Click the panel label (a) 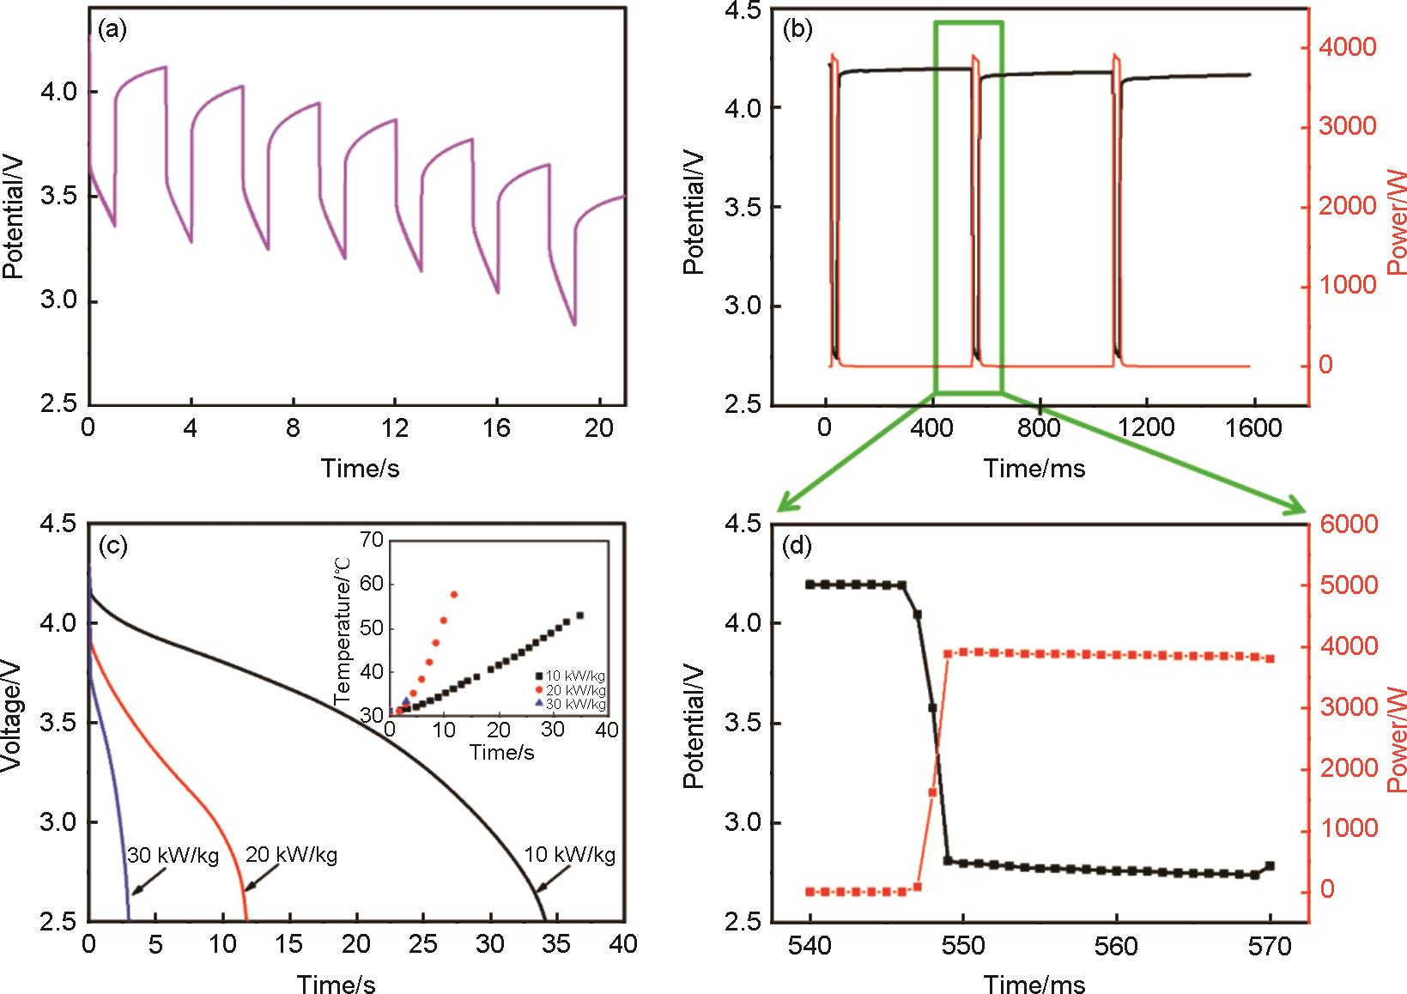click(x=112, y=32)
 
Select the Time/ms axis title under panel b click(x=1034, y=469)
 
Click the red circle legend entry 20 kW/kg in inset click(x=569, y=690)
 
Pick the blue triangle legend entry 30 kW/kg click(x=569, y=704)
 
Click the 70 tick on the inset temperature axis click(x=371, y=541)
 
